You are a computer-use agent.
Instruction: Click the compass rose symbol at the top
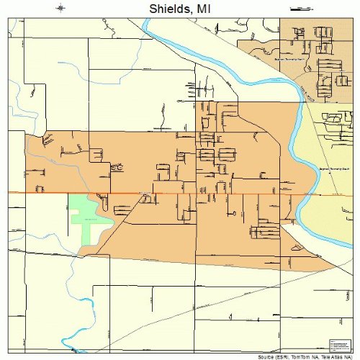[x=61, y=8]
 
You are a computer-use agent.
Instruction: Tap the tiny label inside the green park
[x=90, y=218]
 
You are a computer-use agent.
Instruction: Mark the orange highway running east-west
[x=180, y=192]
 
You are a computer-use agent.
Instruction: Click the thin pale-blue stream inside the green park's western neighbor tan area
[x=50, y=155]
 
